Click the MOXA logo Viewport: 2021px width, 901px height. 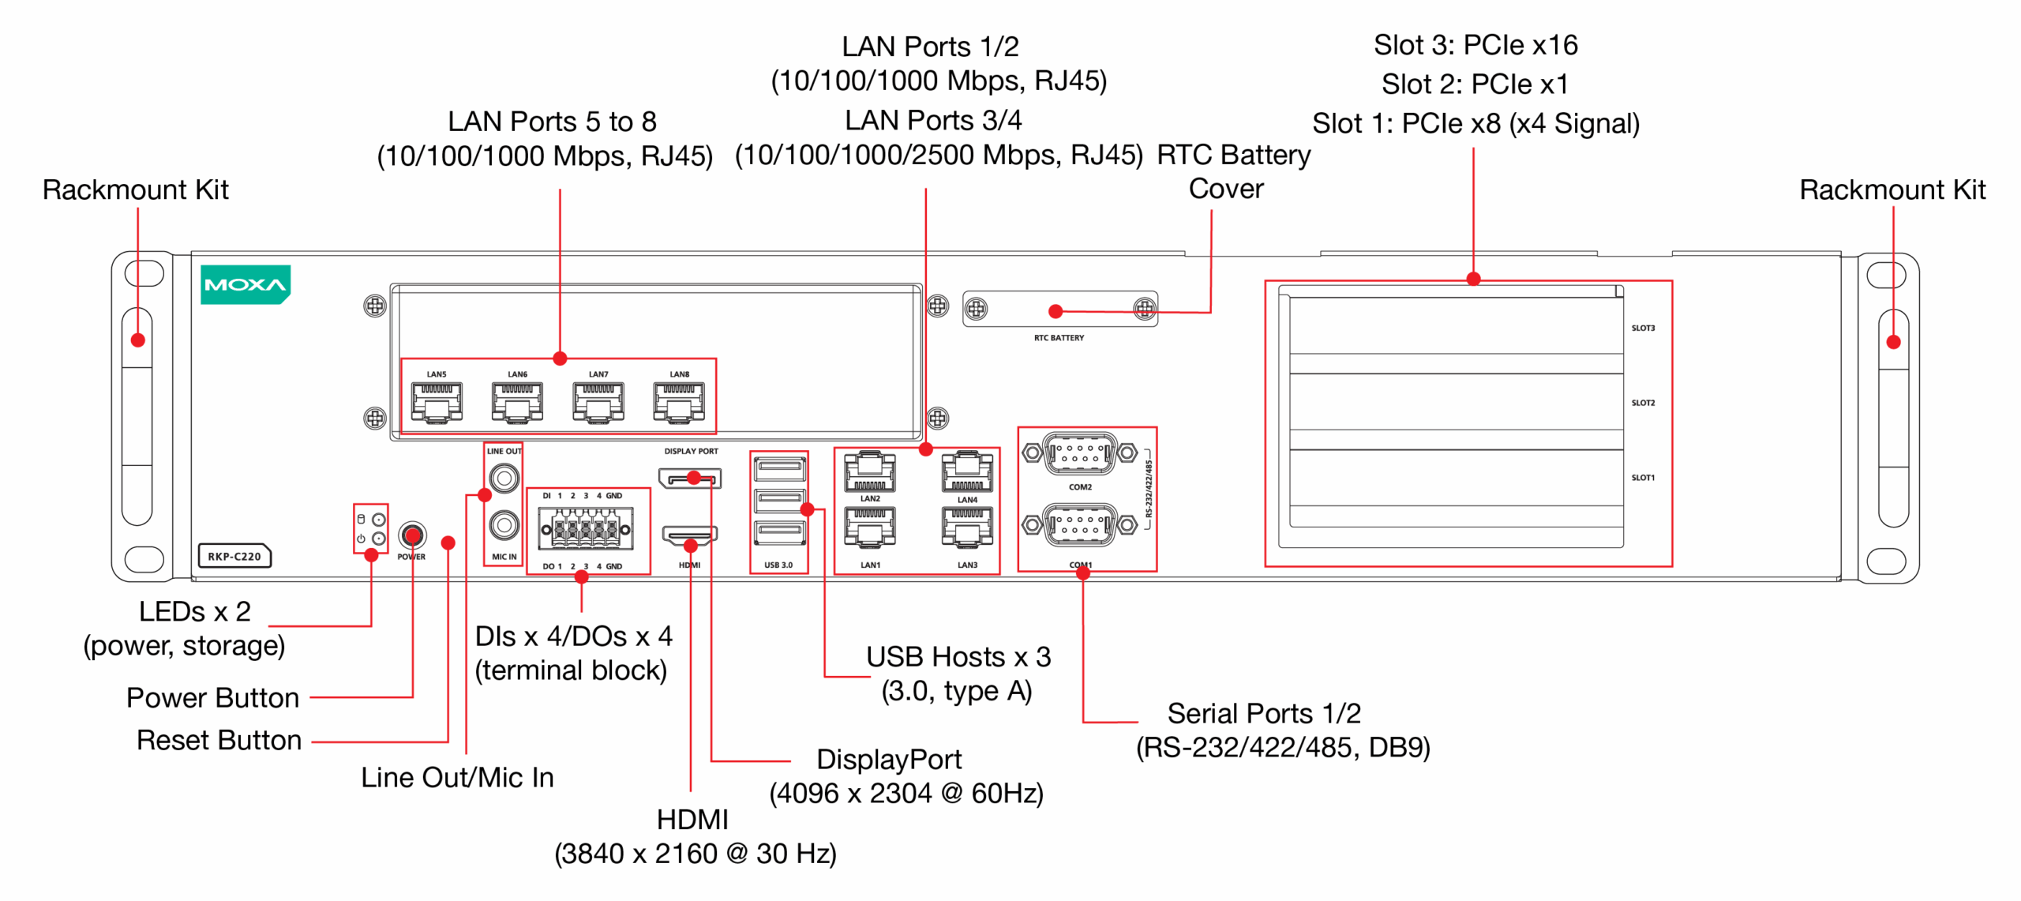tap(245, 284)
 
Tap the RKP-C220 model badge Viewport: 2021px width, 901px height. tap(234, 556)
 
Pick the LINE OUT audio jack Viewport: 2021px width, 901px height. tap(504, 478)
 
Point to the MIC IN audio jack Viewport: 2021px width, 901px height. tap(504, 524)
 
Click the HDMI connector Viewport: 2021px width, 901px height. tap(689, 536)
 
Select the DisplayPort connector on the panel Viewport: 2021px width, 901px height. tap(689, 479)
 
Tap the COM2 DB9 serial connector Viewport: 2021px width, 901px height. tap(1079, 453)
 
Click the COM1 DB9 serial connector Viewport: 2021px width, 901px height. tap(1079, 524)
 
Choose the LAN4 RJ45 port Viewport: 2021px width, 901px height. tap(967, 472)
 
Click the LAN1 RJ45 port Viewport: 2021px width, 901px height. tap(870, 527)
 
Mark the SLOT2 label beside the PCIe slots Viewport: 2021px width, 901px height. tap(1643, 403)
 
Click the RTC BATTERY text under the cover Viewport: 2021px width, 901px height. tap(1059, 338)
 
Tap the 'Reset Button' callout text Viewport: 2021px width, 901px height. tap(219, 741)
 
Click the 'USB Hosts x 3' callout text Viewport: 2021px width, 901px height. tap(958, 657)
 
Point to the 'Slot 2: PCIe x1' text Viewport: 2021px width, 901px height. tap(1474, 84)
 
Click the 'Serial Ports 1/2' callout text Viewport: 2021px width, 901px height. tap(1263, 714)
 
